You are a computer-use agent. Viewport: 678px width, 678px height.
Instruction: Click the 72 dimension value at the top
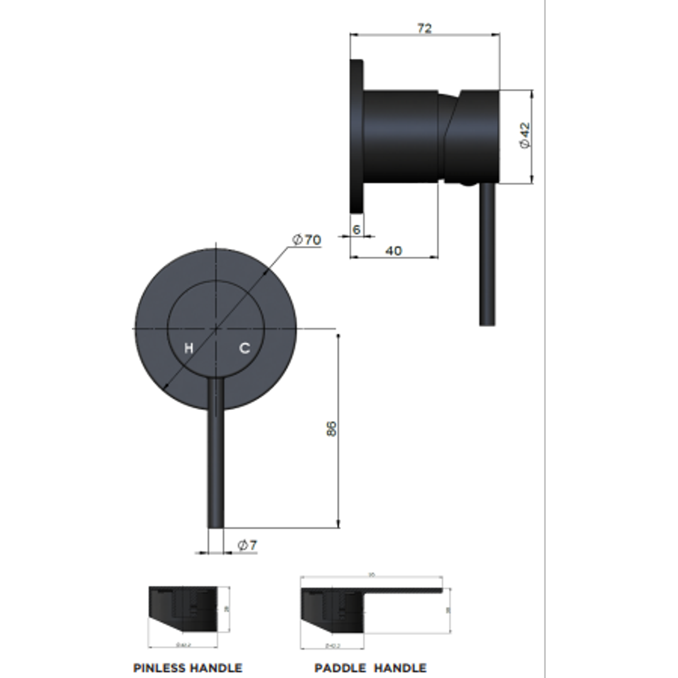[424, 28]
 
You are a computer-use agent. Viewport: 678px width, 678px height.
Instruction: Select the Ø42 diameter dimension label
[525, 136]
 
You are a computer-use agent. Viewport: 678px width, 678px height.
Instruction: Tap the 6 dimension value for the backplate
[357, 230]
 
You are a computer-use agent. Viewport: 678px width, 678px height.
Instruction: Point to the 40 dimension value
[393, 251]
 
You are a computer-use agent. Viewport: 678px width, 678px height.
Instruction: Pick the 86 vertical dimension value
[332, 429]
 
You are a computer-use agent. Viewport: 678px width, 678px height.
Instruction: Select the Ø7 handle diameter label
[247, 546]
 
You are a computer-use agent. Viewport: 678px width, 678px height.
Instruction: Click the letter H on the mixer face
[188, 348]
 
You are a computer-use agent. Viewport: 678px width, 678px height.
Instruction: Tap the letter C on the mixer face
[244, 348]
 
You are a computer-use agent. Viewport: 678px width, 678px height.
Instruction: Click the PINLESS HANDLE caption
[187, 668]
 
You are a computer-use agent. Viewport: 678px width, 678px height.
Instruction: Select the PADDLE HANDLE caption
[370, 668]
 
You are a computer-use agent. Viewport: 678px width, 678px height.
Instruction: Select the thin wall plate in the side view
[356, 138]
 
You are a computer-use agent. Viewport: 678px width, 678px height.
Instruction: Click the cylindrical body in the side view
[401, 135]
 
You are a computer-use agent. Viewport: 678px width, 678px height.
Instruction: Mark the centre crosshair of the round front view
[216, 328]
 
